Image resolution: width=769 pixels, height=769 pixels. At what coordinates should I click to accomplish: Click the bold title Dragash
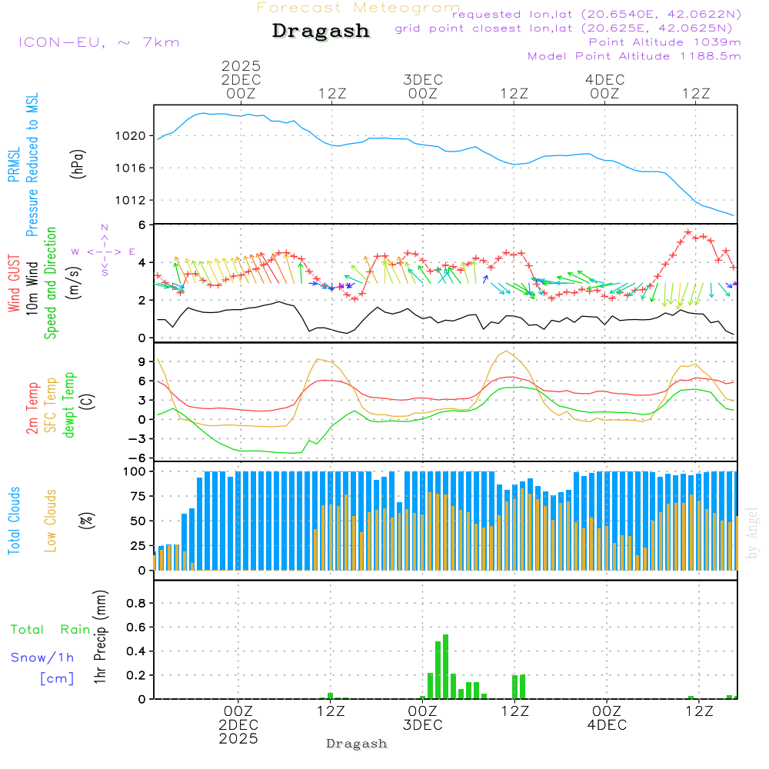point(321,32)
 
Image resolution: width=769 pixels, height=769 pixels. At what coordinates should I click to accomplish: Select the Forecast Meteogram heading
point(358,8)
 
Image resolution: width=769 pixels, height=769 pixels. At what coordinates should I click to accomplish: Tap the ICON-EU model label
point(98,42)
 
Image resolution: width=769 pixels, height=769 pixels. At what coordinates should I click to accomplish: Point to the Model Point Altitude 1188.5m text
point(634,55)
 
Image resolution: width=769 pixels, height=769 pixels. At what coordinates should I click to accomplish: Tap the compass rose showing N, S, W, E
point(104,251)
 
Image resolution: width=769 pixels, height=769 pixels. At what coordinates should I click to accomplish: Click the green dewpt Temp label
point(69,405)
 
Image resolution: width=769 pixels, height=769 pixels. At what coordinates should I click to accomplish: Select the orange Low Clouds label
point(51,520)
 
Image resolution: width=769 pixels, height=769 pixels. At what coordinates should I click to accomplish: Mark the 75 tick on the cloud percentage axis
point(138,496)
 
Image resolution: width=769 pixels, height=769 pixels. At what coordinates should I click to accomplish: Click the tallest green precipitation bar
point(445,666)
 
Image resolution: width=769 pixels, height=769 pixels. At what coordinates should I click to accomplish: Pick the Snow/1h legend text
point(43,657)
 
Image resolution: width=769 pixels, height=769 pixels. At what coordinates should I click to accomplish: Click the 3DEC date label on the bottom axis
point(422,725)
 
